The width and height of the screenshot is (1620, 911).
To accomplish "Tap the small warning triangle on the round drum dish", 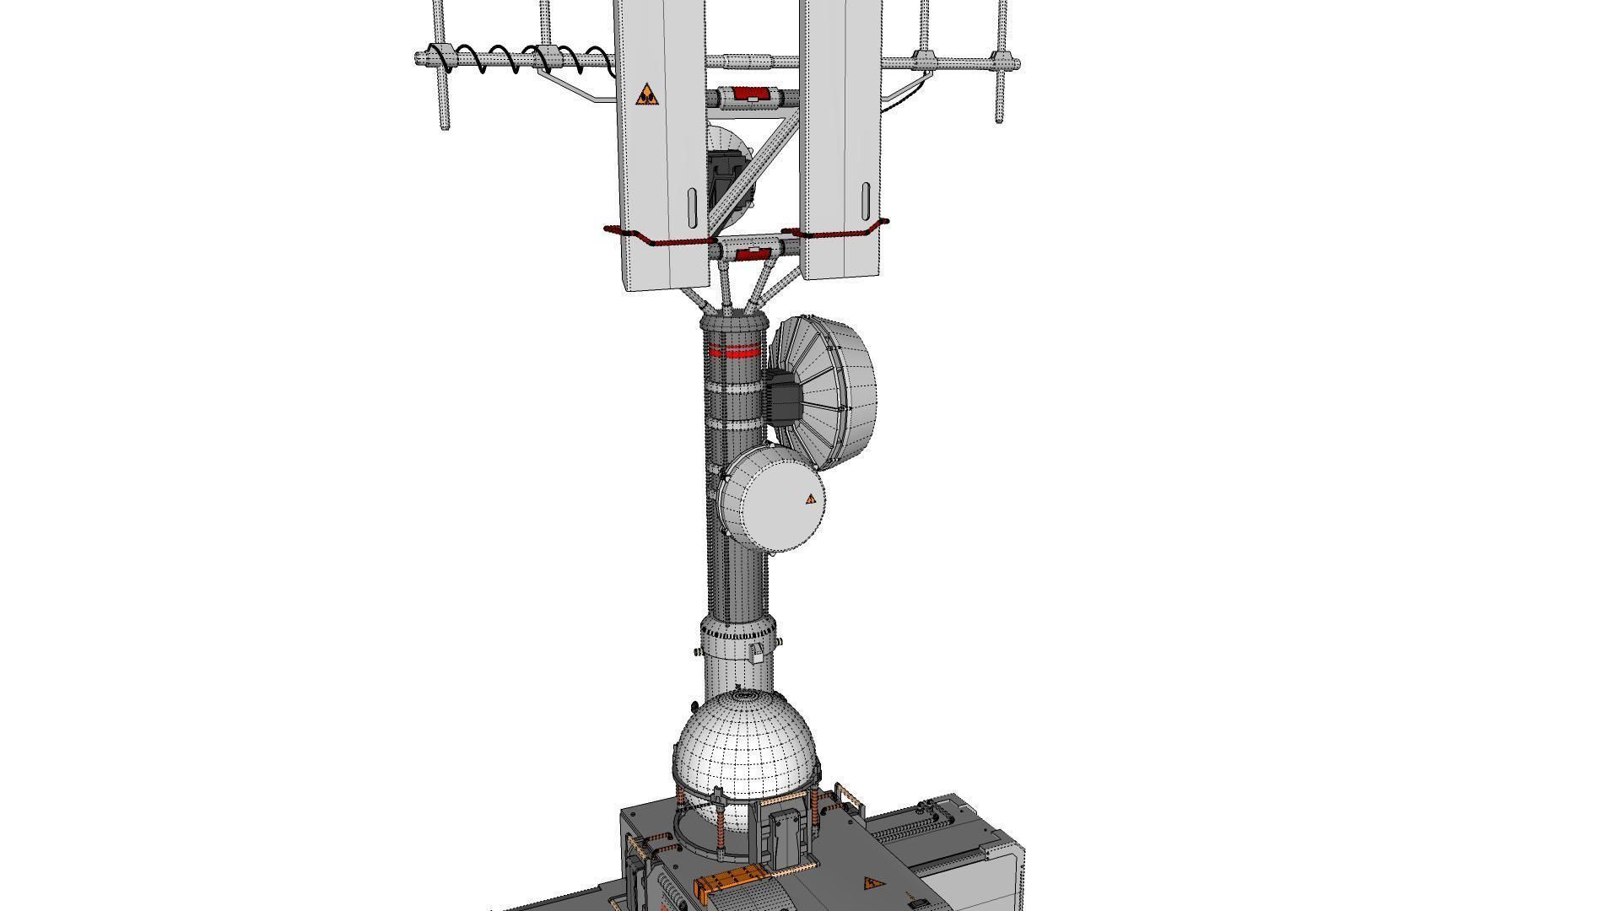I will point(811,499).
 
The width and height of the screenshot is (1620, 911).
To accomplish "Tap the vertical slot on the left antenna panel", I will point(692,207).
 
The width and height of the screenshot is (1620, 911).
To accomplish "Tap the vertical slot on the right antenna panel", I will point(866,201).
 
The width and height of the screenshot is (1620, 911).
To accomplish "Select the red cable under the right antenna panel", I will point(835,230).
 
